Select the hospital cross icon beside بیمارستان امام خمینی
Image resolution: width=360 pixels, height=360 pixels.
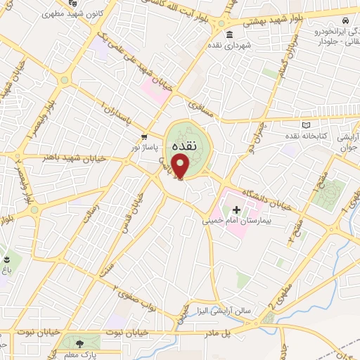point(236,210)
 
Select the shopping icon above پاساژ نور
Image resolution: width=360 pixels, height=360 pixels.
point(144,138)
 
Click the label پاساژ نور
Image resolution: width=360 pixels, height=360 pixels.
point(144,148)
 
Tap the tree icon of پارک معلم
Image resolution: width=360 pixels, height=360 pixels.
point(79,343)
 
